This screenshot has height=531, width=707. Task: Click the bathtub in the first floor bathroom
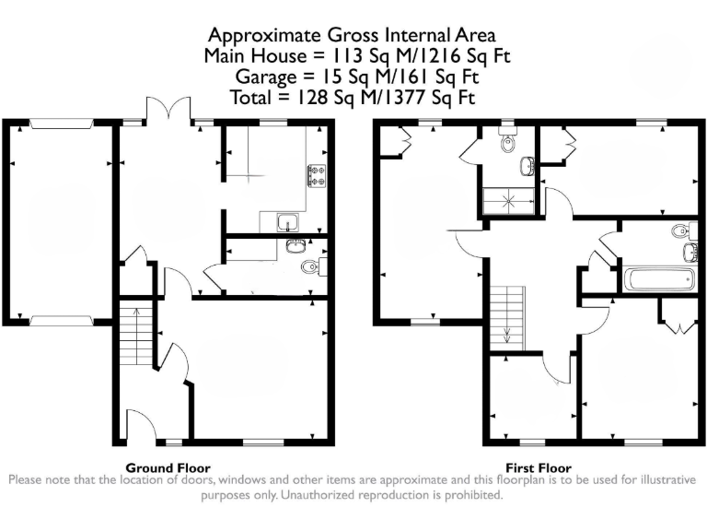point(658,279)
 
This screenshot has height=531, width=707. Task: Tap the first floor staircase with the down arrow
point(504,318)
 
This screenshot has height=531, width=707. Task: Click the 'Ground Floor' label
point(168,467)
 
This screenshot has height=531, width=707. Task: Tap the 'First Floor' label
point(539,467)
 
